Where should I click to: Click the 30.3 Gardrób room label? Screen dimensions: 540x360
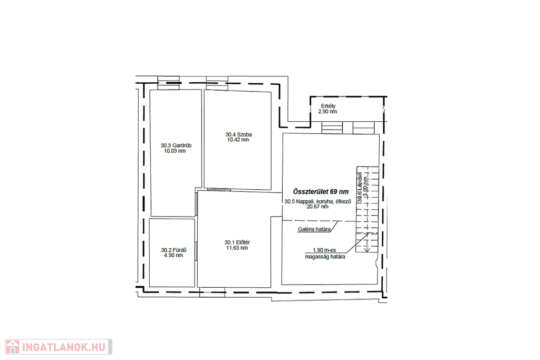tap(176, 145)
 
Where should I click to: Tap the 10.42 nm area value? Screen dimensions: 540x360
tap(238, 140)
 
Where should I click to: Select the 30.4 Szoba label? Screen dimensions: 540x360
tap(239, 134)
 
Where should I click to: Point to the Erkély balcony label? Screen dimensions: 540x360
tap(328, 106)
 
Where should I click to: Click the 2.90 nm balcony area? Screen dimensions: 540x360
tap(327, 112)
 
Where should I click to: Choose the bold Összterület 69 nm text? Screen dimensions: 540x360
tap(321, 192)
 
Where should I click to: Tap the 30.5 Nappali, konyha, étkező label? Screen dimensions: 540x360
tap(317, 202)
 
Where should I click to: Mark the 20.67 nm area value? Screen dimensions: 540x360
tap(317, 207)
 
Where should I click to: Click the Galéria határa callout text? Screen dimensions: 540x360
tap(314, 230)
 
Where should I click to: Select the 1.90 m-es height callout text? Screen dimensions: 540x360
tap(324, 250)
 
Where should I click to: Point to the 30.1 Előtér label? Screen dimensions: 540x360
tap(237, 242)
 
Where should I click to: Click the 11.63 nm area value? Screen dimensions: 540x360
tap(237, 248)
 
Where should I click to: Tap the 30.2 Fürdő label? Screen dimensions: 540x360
tap(174, 250)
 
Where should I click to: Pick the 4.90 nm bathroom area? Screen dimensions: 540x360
tap(173, 255)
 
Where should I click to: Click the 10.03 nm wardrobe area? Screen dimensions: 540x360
tap(175, 151)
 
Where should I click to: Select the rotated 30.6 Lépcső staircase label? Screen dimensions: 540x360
tap(360, 187)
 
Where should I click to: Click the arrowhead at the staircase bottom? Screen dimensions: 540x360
tap(367, 249)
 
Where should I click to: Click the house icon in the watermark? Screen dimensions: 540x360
tap(13, 347)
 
